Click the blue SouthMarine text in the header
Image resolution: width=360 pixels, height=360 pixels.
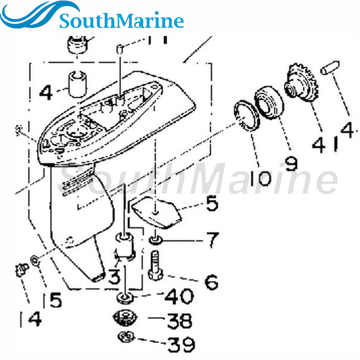(121, 21)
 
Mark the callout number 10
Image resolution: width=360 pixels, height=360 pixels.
(261, 179)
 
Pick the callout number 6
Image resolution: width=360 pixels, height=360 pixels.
(210, 282)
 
